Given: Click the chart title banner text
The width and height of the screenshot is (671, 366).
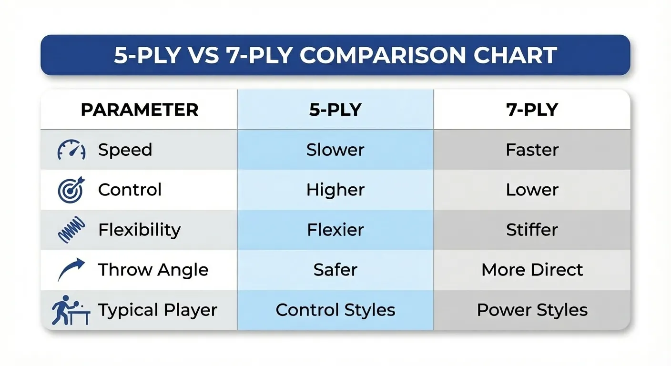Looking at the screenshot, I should pyautogui.click(x=335, y=55).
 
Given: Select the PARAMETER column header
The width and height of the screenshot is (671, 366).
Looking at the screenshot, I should pyautogui.click(x=139, y=110).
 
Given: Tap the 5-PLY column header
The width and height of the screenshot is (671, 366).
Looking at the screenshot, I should pyautogui.click(x=335, y=110).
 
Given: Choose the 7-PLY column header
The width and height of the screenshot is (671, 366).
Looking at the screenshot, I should pyautogui.click(x=532, y=110).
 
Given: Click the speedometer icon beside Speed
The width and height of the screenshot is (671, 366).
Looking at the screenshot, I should pyautogui.click(x=71, y=150).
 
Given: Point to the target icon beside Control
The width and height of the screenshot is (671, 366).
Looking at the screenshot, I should pyautogui.click(x=71, y=190).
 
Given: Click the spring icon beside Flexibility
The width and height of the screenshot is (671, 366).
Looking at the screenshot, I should pyautogui.click(x=71, y=230).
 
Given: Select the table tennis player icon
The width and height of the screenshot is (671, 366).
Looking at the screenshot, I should pyautogui.click(x=71, y=310).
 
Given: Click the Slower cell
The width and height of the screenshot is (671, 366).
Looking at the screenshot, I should pyautogui.click(x=335, y=150).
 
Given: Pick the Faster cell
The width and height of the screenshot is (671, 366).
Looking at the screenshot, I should pyautogui.click(x=532, y=150).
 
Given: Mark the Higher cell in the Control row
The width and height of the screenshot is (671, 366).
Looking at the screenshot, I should pyautogui.click(x=335, y=190).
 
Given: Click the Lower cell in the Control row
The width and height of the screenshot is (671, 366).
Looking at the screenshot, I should pyautogui.click(x=532, y=190).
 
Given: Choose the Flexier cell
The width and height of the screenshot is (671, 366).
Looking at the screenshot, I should pyautogui.click(x=335, y=230).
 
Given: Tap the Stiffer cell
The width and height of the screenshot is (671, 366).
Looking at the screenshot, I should pyautogui.click(x=532, y=230).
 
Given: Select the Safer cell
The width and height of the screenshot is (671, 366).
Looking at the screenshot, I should pyautogui.click(x=335, y=270).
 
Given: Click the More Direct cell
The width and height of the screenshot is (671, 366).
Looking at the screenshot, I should pyautogui.click(x=532, y=270).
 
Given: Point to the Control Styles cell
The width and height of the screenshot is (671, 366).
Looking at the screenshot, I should pyautogui.click(x=335, y=310).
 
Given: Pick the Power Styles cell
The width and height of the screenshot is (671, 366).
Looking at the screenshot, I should pyautogui.click(x=532, y=310).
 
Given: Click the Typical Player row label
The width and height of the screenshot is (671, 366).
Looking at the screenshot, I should pyautogui.click(x=158, y=310).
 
